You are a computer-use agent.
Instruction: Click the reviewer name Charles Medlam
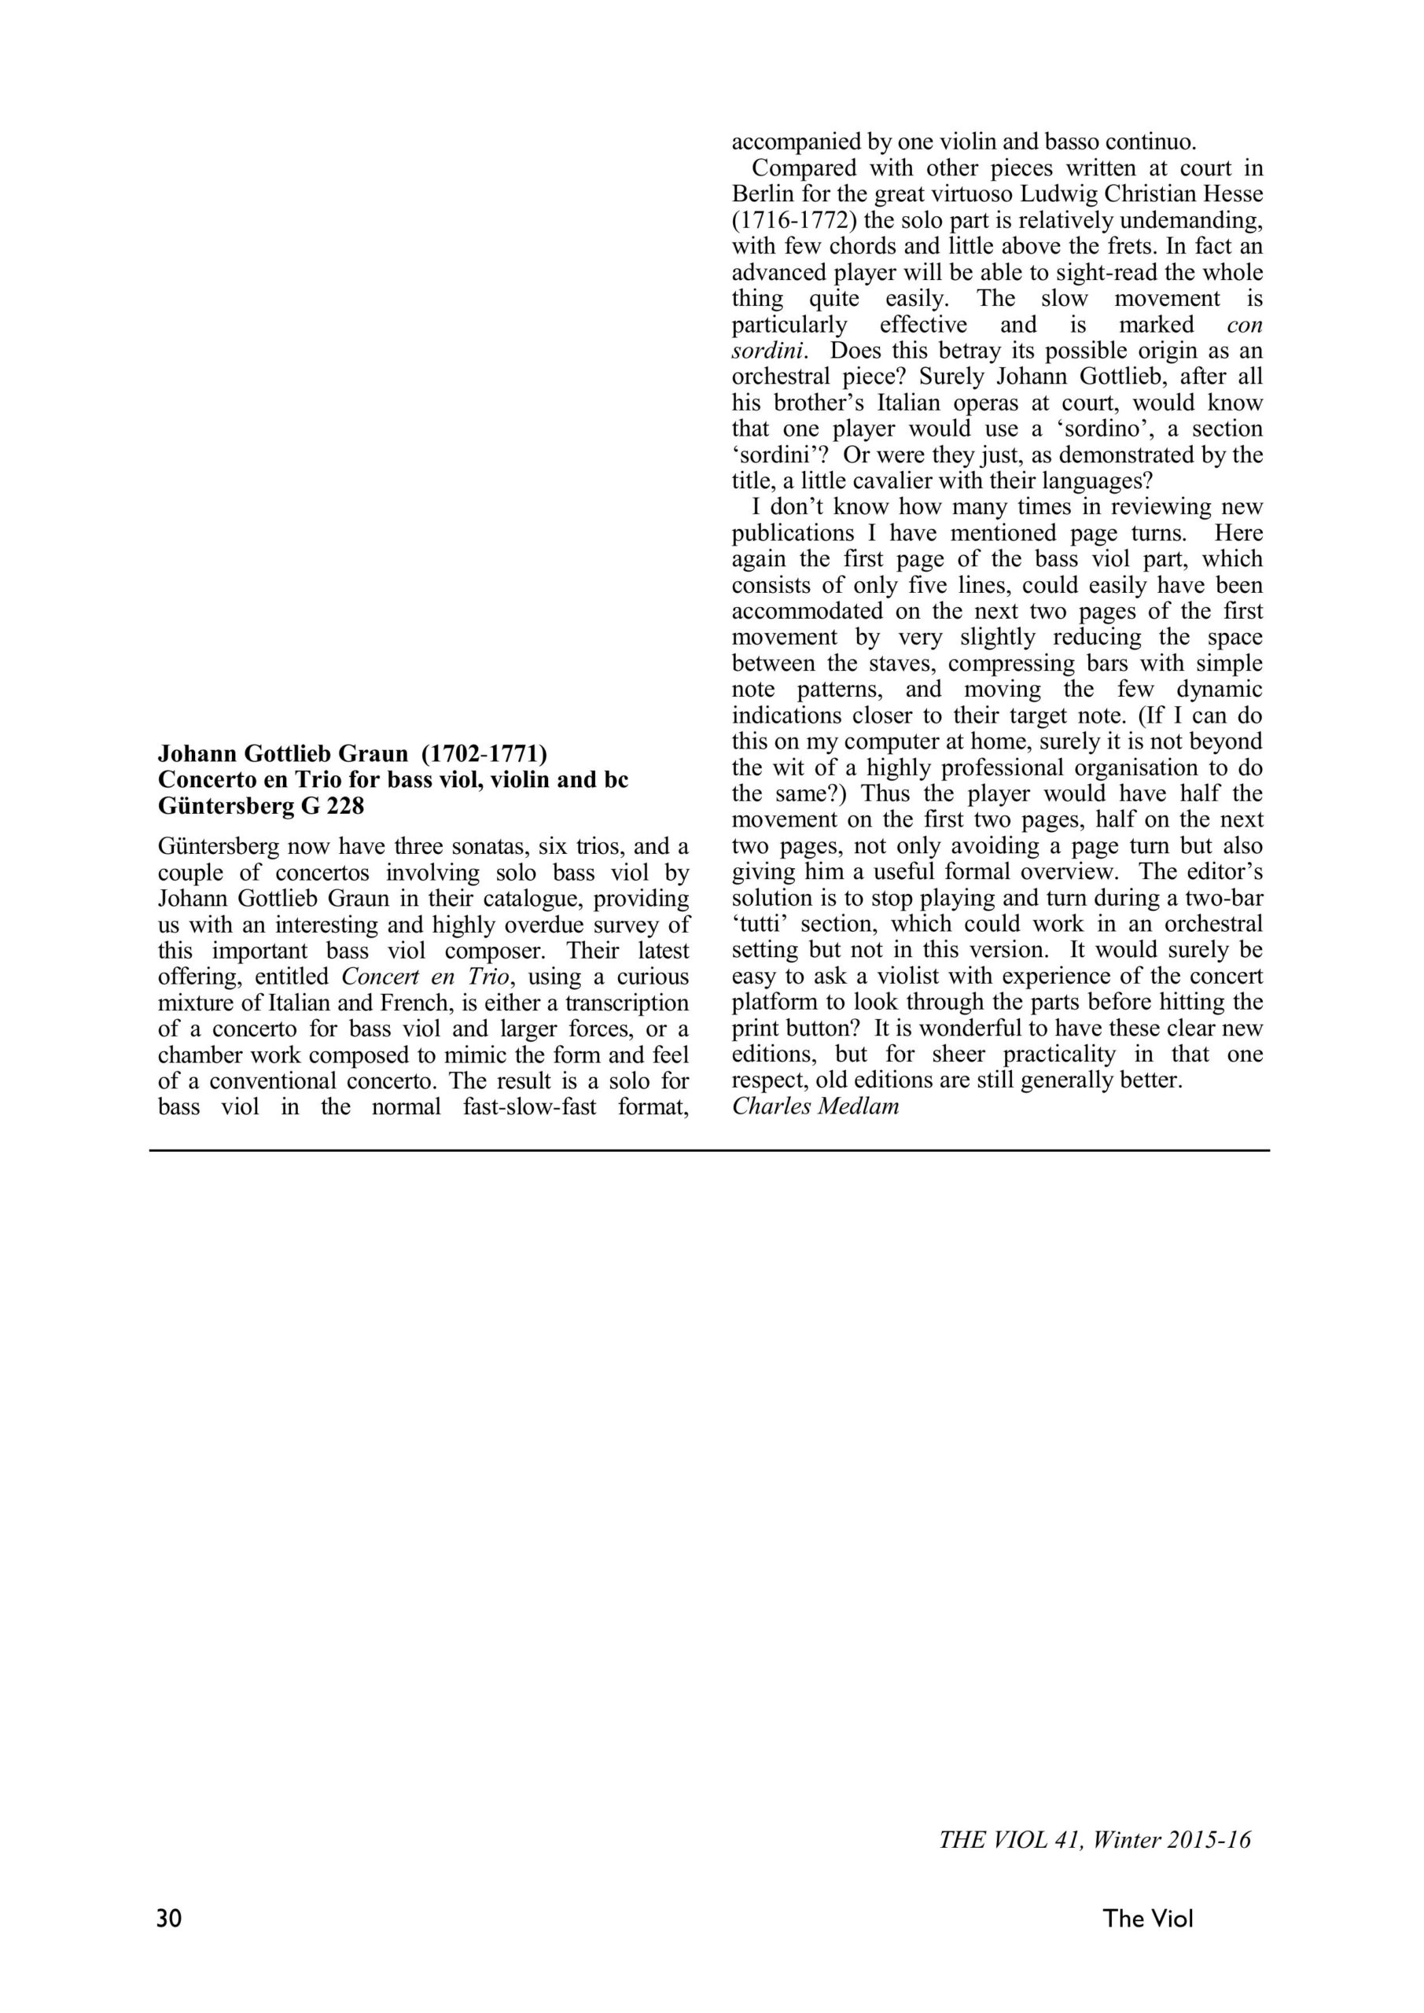tap(815, 1106)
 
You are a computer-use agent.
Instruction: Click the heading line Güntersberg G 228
tap(260, 805)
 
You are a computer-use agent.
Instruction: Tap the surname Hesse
tap(1231, 193)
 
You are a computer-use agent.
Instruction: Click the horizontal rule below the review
tap(709, 1150)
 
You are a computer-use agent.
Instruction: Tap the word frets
tap(1124, 245)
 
